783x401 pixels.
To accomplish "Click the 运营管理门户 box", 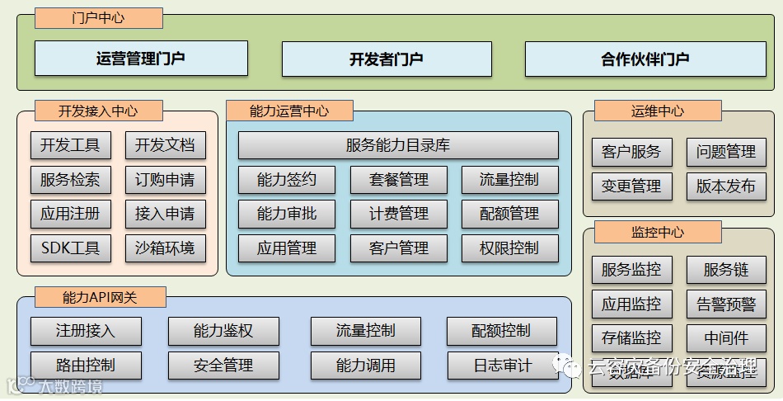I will click(140, 59).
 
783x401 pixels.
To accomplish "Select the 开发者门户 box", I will click(386, 59).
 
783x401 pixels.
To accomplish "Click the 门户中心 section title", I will click(98, 18).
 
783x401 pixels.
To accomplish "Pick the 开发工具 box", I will click(70, 146).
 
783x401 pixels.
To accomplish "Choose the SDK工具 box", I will click(70, 247).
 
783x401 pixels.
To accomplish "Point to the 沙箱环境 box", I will click(165, 247).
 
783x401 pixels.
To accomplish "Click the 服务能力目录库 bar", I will click(398, 146).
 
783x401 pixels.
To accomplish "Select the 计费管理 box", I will click(399, 214).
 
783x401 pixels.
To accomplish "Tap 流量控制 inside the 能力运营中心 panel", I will click(509, 180).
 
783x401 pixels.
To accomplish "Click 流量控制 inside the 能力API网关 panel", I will click(365, 331).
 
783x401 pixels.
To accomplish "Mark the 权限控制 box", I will click(509, 248).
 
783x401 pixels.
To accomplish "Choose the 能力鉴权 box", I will click(223, 331).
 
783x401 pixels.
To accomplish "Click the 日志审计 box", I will click(503, 365).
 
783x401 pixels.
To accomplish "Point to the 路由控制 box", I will click(86, 365).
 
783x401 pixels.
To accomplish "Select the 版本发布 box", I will click(726, 186).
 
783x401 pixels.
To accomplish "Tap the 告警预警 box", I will click(726, 304).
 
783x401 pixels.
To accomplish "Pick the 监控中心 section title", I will click(657, 232).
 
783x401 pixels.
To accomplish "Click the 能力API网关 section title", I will click(100, 297).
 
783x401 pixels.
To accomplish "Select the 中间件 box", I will click(726, 338).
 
